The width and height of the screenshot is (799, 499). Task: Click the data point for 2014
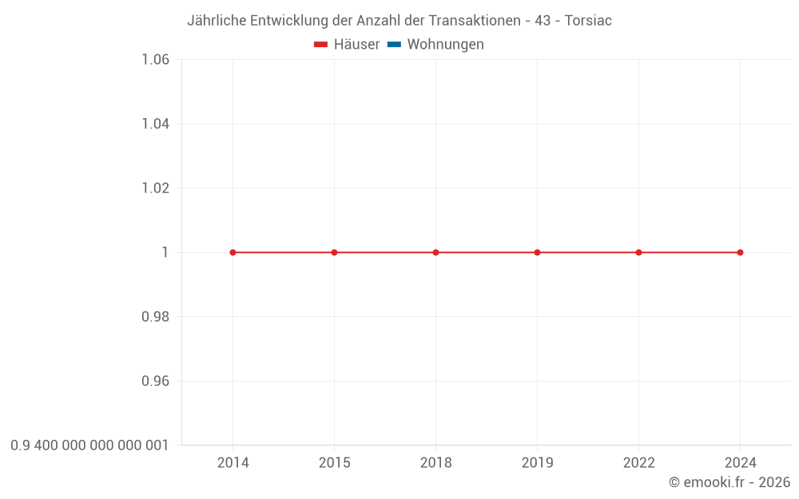pyautogui.click(x=233, y=252)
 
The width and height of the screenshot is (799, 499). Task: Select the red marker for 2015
pyautogui.click(x=334, y=252)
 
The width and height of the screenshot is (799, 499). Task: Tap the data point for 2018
pyautogui.click(x=435, y=252)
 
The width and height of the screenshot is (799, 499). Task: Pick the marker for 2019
pyautogui.click(x=537, y=252)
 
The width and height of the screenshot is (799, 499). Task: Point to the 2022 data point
pyautogui.click(x=638, y=252)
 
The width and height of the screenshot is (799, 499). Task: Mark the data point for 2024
pyautogui.click(x=740, y=252)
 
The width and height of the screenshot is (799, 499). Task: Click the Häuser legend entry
pyautogui.click(x=348, y=45)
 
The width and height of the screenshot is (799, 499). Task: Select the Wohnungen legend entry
pyautogui.click(x=436, y=45)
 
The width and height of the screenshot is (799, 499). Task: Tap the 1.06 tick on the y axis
pyautogui.click(x=155, y=60)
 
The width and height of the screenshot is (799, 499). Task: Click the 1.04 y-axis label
pyautogui.click(x=155, y=124)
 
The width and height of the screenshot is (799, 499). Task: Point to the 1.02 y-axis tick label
pyautogui.click(x=155, y=188)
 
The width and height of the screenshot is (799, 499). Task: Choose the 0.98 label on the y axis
pyautogui.click(x=155, y=317)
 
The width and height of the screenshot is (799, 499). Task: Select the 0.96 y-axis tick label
pyautogui.click(x=155, y=381)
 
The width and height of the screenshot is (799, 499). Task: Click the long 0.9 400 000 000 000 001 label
pyautogui.click(x=89, y=446)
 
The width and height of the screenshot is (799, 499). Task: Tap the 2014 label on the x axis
pyautogui.click(x=233, y=463)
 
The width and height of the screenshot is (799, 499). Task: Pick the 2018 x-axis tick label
pyautogui.click(x=435, y=463)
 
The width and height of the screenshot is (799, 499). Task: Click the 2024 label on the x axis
pyautogui.click(x=740, y=463)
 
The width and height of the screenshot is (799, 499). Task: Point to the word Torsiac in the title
pyautogui.click(x=588, y=21)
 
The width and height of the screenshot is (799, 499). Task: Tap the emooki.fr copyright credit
pyautogui.click(x=729, y=482)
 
